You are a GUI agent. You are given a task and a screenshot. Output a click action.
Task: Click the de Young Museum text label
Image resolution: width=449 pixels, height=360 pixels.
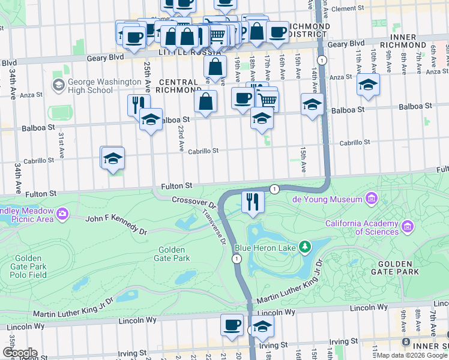click(327, 199)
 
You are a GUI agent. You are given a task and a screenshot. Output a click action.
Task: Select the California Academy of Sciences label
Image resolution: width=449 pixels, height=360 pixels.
click(361, 227)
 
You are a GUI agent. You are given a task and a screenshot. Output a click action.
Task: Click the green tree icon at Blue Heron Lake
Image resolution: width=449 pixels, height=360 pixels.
click(306, 246)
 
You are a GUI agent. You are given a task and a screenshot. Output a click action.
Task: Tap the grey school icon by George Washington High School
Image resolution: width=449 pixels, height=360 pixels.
click(58, 86)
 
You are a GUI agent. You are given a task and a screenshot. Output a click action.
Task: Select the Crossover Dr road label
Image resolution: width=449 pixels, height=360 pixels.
click(193, 200)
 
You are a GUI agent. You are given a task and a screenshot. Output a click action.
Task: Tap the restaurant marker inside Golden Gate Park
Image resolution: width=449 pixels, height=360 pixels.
click(253, 201)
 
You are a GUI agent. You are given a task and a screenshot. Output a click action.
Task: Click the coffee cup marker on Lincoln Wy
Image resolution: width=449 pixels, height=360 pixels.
click(232, 325)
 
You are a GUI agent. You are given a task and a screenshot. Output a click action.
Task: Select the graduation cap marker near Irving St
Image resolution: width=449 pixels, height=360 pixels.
click(262, 326)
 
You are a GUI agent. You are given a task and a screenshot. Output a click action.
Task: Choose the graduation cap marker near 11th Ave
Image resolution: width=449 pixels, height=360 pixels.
click(368, 85)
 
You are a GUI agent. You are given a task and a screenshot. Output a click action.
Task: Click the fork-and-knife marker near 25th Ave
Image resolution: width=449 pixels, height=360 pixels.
click(139, 104)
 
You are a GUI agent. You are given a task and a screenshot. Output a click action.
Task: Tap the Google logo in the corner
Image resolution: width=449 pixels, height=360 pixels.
click(19, 353)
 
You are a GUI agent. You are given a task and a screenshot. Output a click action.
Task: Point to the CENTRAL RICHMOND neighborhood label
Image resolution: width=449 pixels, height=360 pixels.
click(178, 86)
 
